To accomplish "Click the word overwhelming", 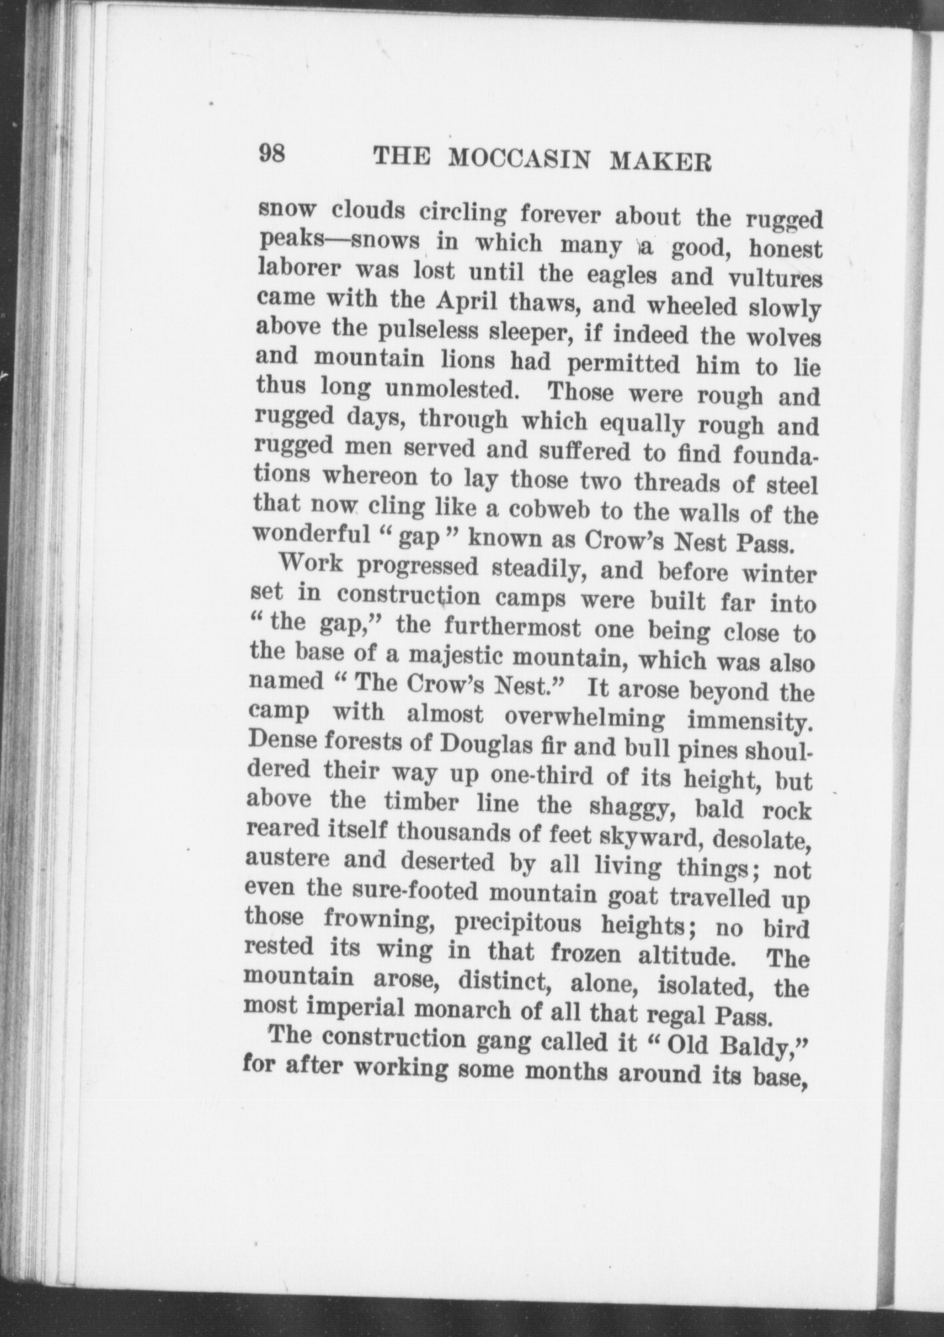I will pyautogui.click(x=584, y=717).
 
